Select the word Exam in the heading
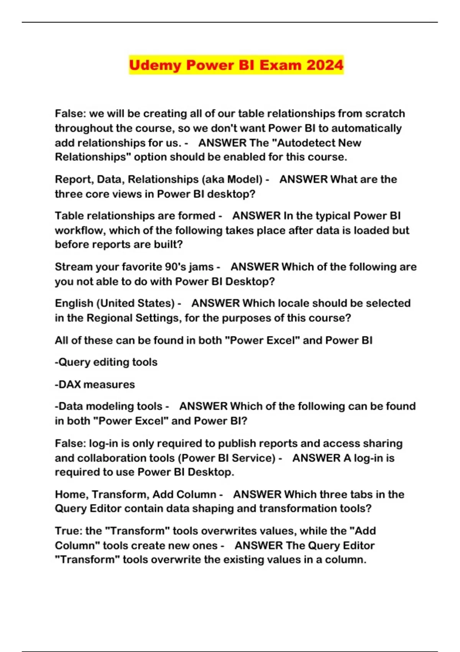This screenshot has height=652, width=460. coord(279,65)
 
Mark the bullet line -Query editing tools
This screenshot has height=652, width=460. coord(106,362)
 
